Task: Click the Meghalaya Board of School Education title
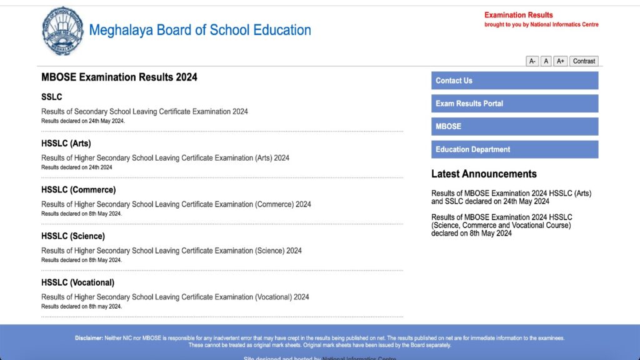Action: [x=200, y=30]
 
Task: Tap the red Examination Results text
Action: [x=519, y=15]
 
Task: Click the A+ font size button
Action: [x=561, y=61]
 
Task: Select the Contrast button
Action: [x=584, y=61]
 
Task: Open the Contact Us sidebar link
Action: [x=514, y=81]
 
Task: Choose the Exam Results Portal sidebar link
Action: [x=514, y=104]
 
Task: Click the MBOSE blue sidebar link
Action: [x=514, y=126]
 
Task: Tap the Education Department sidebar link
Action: [x=514, y=149]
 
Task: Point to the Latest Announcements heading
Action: [x=484, y=174]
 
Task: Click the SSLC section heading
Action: [x=52, y=97]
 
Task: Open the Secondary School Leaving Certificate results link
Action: [x=144, y=111]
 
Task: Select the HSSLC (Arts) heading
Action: [x=66, y=143]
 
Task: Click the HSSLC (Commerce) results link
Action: [x=176, y=204]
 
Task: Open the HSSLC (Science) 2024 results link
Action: [x=171, y=251]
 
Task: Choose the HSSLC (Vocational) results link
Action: [x=175, y=297]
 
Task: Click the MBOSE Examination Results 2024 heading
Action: [x=119, y=77]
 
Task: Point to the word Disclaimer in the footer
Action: [x=89, y=338]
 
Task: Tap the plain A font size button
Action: [x=546, y=61]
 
